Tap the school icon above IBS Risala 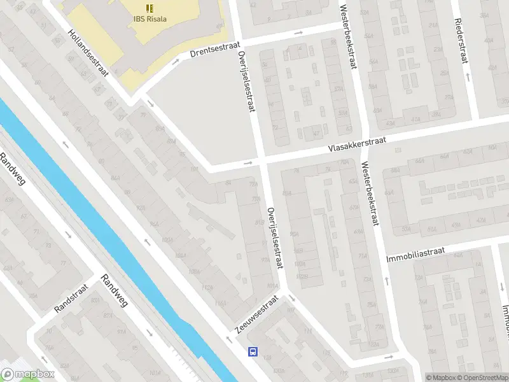tap(150, 8)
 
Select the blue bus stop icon tap(253, 351)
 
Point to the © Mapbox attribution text tap(440, 378)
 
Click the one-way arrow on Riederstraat tap(468, 76)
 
